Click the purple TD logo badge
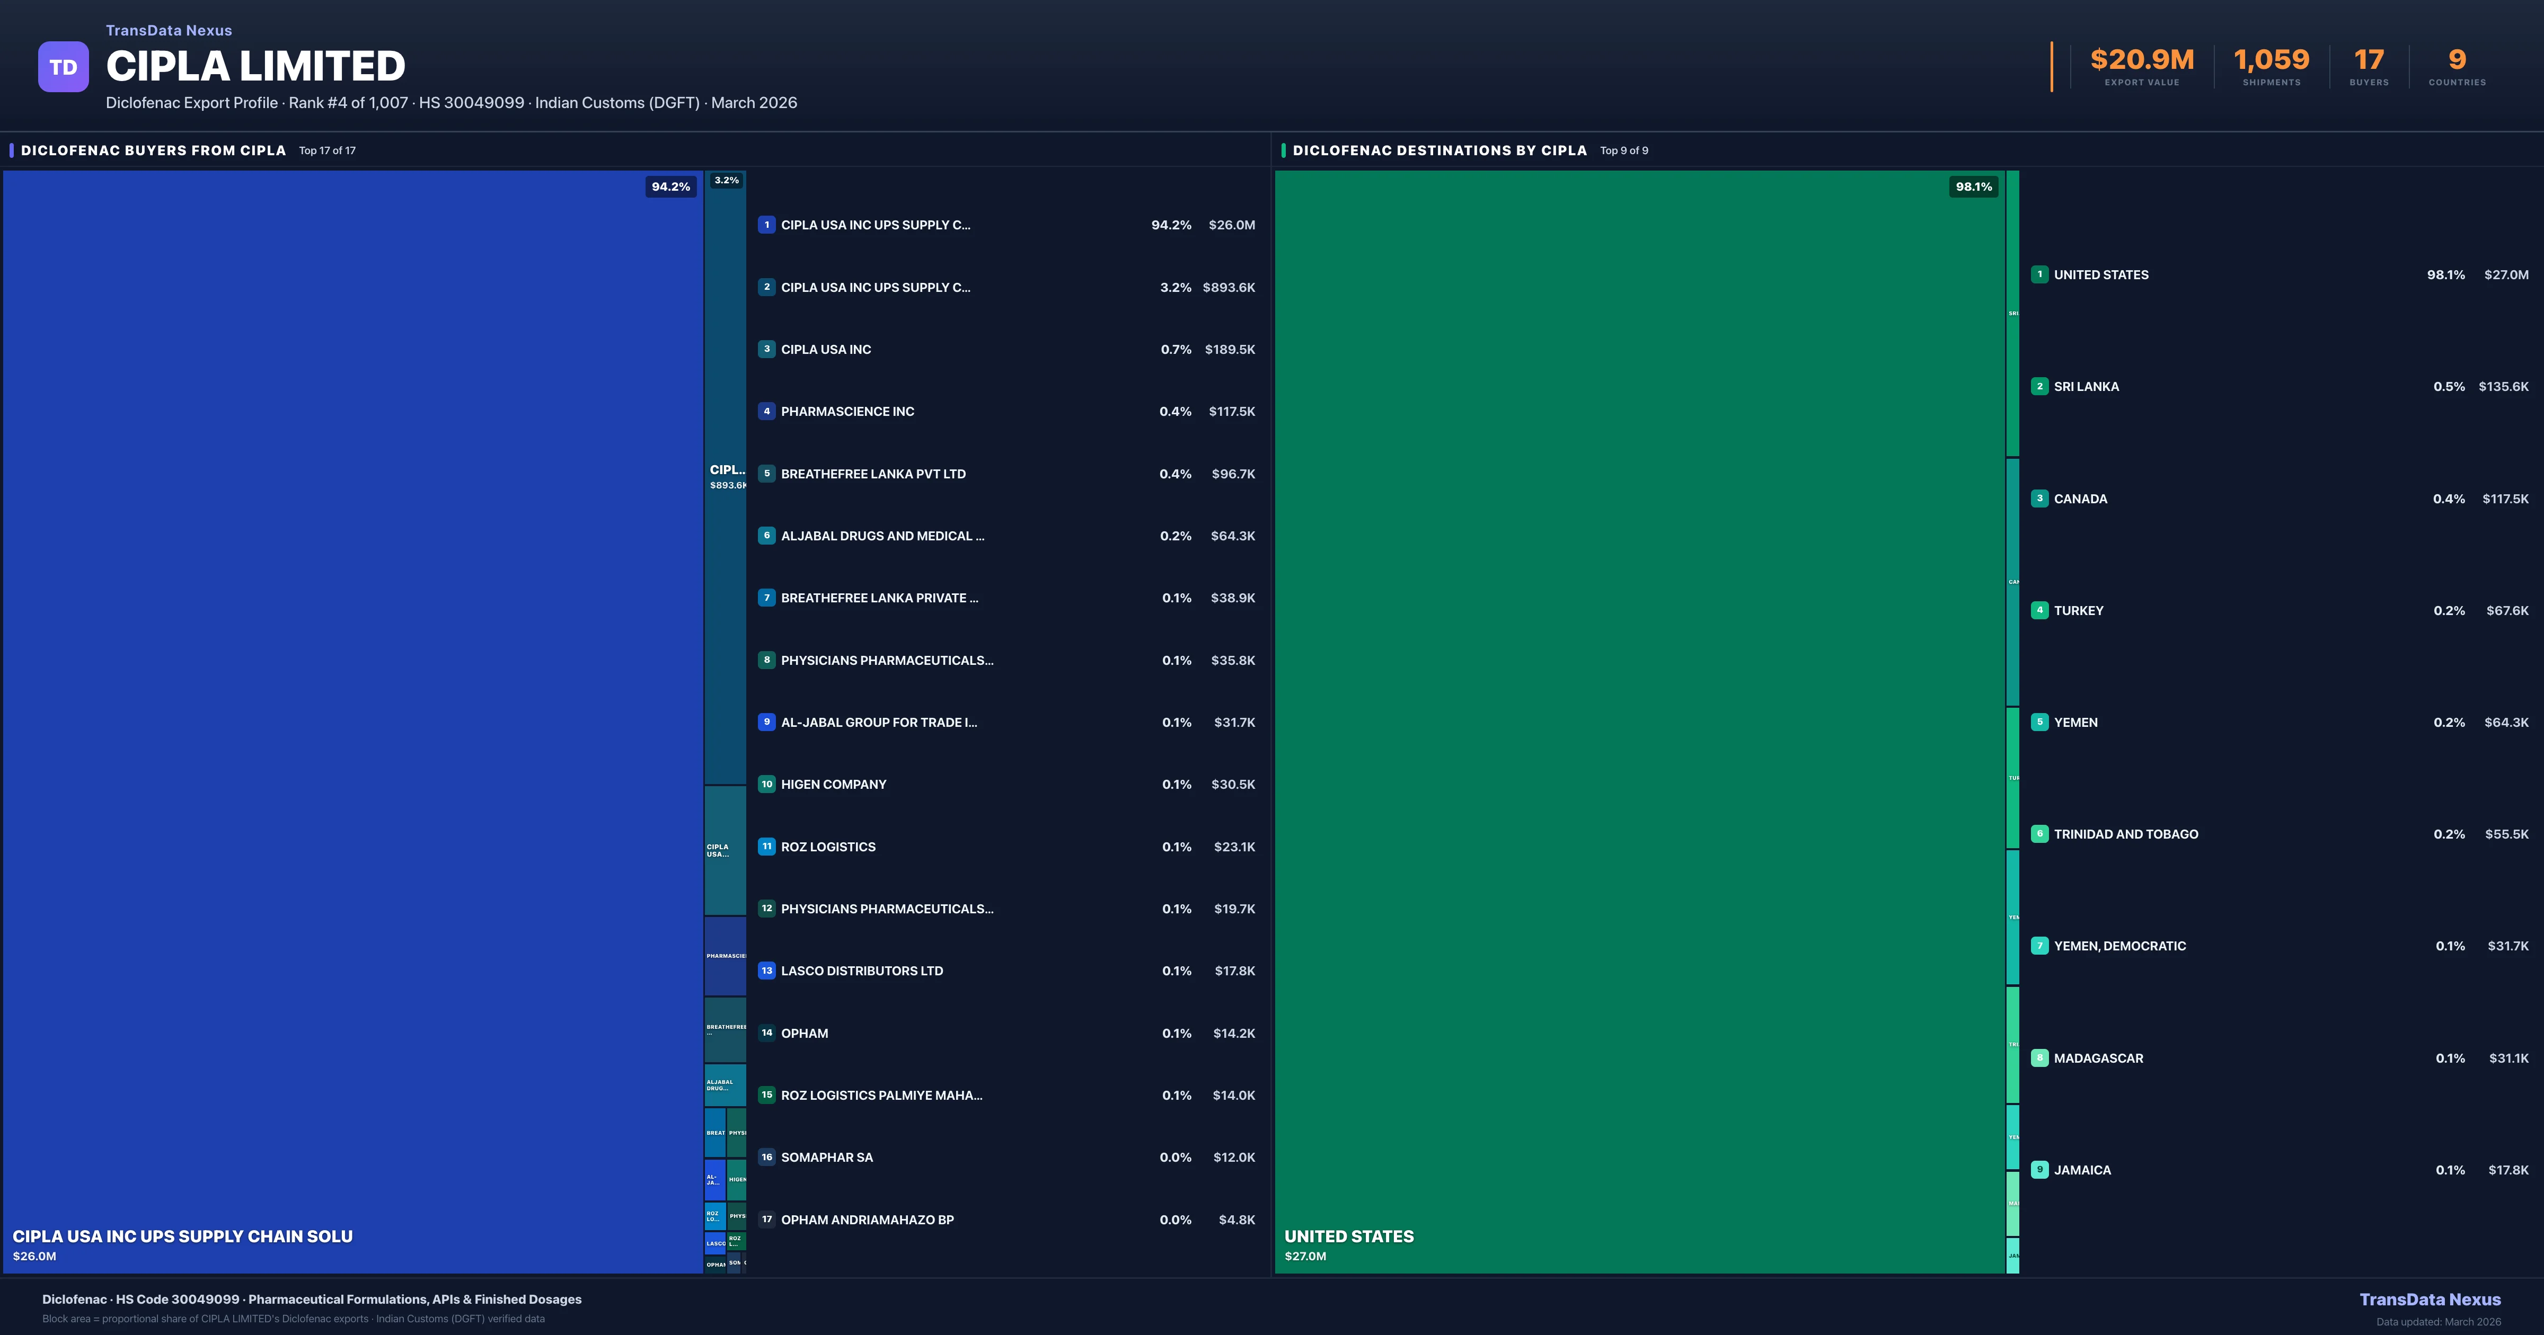pos(63,67)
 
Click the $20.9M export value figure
pos(2141,60)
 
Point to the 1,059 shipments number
pos(2272,60)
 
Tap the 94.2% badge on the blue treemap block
pos(670,186)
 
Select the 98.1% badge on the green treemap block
pos(1973,186)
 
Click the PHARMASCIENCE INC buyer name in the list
pos(847,412)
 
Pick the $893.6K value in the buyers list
pos(1229,287)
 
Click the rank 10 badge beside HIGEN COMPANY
pos(766,784)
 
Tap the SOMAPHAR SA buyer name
pos(827,1157)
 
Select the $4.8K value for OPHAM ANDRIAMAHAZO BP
pos(1236,1220)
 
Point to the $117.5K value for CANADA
pos(2504,499)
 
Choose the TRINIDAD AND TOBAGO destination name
pos(2125,834)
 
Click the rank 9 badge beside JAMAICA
pos(2039,1170)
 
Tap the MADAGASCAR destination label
pos(2098,1058)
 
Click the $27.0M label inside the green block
pos(1304,1256)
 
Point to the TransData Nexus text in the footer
pos(2430,1300)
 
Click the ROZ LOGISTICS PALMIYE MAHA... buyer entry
pos(881,1095)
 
